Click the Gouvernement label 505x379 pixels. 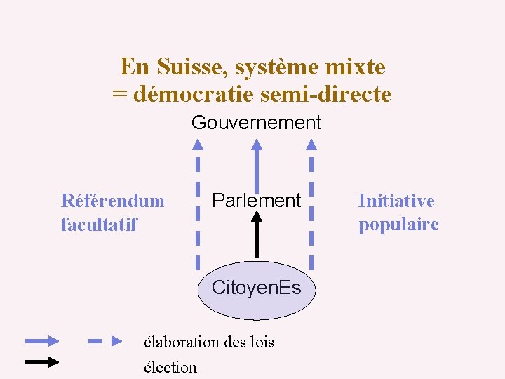click(256, 123)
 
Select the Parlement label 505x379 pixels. click(256, 200)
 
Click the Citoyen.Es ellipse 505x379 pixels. click(257, 289)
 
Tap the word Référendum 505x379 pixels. click(113, 201)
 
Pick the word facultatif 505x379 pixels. click(99, 225)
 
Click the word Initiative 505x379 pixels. click(396, 201)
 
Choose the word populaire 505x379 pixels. click(398, 225)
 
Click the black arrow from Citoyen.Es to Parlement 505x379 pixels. click(257, 234)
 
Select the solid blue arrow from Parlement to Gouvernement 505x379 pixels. click(257, 165)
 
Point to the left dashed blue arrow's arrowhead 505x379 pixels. click(198, 145)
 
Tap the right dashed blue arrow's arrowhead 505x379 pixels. click(311, 145)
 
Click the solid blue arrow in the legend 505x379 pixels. click(42, 342)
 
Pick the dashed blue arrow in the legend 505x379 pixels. click(105, 342)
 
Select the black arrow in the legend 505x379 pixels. click(42, 362)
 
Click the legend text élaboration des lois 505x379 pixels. click(208, 343)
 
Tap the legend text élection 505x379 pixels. click(170, 367)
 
